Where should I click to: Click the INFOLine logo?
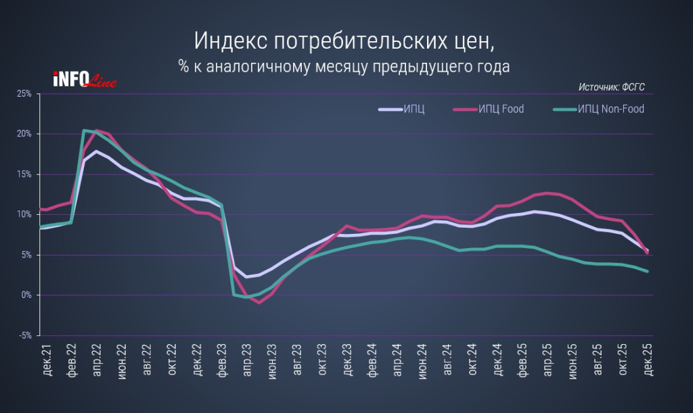tap(85, 80)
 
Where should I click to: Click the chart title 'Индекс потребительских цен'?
tap(344, 41)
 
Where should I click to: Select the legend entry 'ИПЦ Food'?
tap(500, 109)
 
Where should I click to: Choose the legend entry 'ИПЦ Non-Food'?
tap(610, 109)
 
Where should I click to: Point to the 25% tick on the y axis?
tap(24, 93)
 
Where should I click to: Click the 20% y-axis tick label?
tap(24, 134)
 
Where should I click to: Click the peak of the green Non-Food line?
tap(84, 130)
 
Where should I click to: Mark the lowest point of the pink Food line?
tap(259, 302)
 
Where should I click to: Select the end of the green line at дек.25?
tap(648, 272)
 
